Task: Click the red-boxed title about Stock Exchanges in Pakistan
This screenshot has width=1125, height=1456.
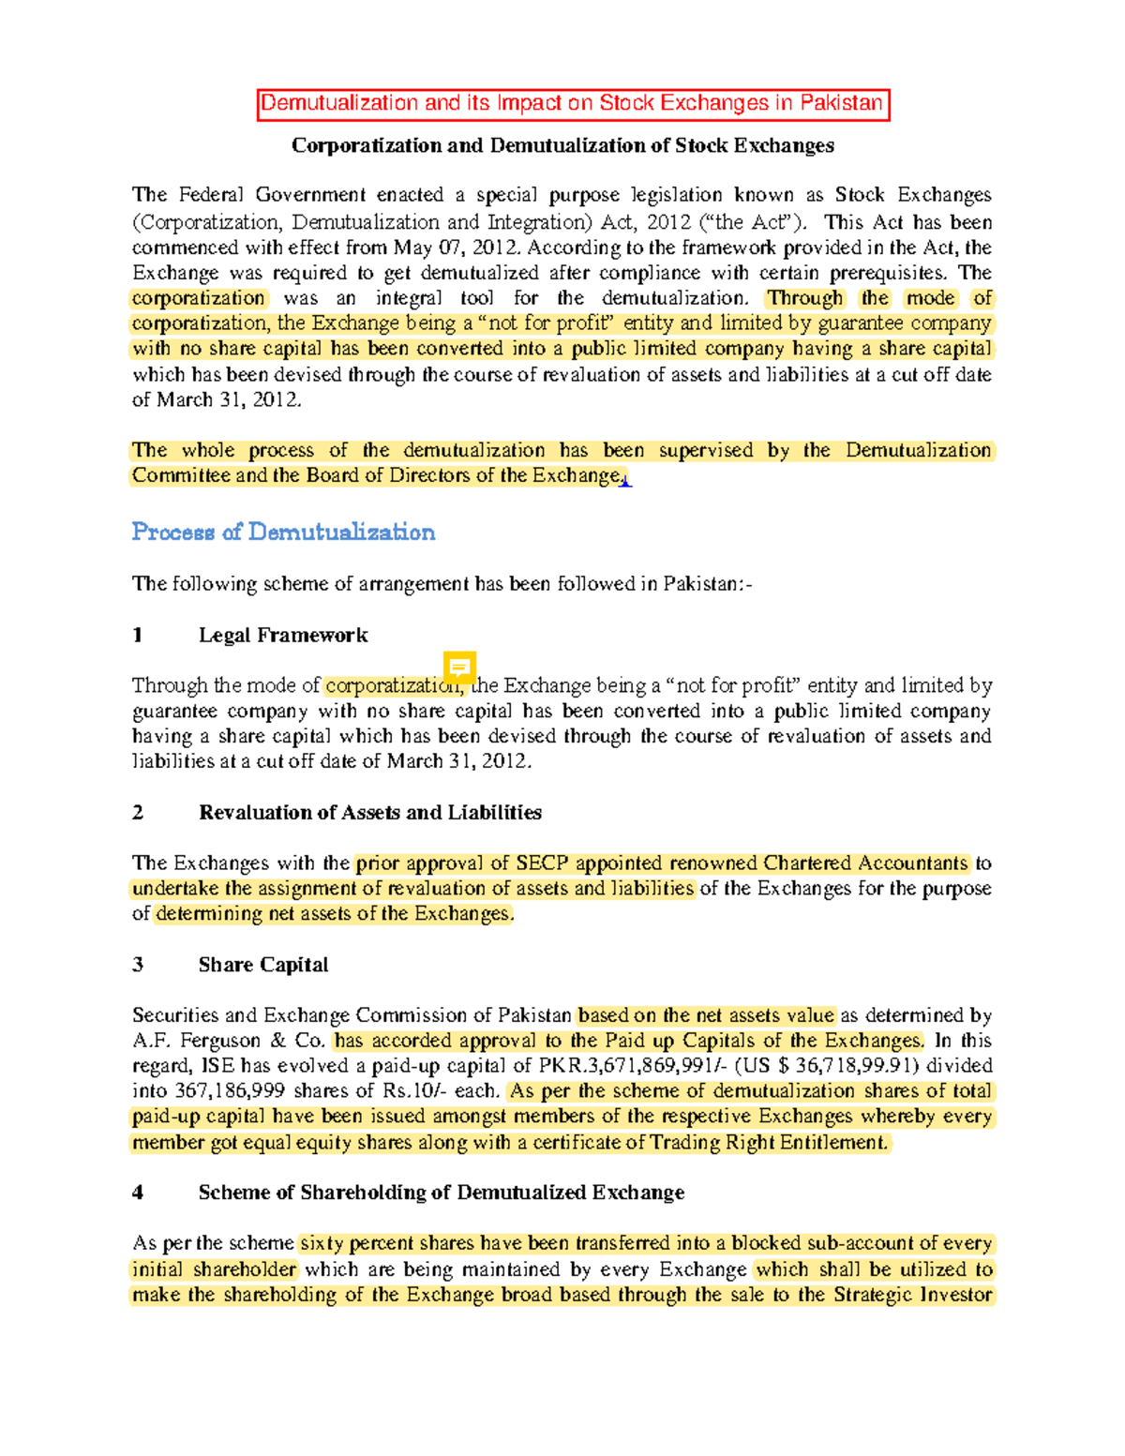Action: (572, 104)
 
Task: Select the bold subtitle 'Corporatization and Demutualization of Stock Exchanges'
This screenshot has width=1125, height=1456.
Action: (562, 145)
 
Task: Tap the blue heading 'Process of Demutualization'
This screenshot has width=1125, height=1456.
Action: (283, 533)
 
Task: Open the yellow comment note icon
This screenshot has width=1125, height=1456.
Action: (459, 668)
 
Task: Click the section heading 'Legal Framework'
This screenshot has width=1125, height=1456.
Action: (282, 636)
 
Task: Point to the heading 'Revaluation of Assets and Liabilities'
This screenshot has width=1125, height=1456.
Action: (369, 813)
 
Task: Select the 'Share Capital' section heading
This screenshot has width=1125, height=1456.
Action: (262, 965)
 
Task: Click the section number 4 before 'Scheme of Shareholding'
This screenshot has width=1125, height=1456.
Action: (138, 1193)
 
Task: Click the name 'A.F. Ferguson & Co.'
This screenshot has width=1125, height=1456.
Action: (229, 1041)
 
